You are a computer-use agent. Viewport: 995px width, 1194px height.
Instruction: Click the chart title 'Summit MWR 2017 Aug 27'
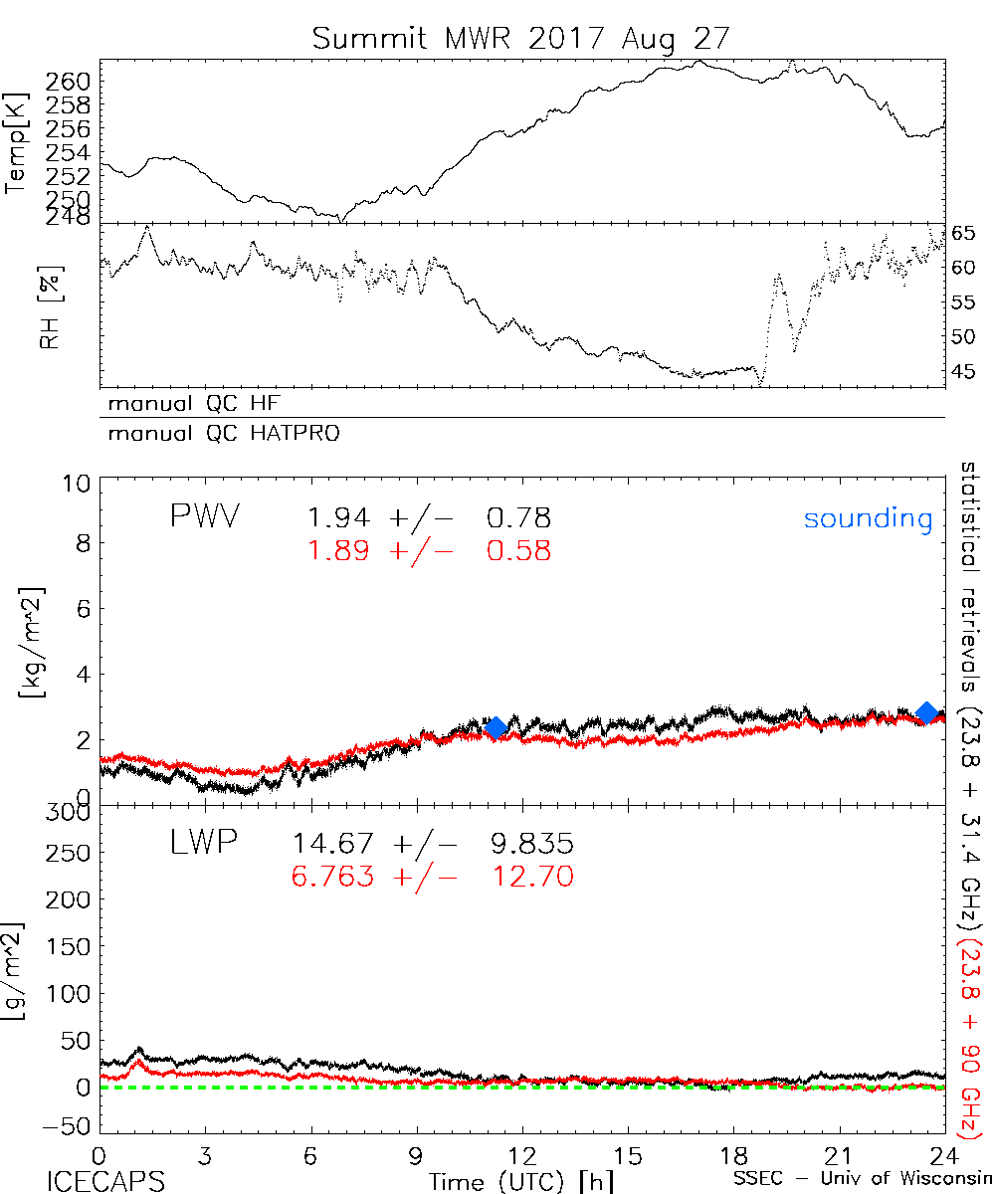click(x=521, y=38)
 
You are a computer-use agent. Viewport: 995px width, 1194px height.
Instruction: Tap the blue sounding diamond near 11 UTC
click(x=496, y=727)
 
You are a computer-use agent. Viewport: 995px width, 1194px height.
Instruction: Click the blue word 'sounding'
click(x=868, y=519)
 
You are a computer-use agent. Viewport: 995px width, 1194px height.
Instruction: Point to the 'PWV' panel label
click(x=206, y=516)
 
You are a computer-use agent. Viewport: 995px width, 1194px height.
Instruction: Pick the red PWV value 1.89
click(x=339, y=550)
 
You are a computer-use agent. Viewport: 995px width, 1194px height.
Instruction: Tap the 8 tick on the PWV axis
click(x=81, y=544)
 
